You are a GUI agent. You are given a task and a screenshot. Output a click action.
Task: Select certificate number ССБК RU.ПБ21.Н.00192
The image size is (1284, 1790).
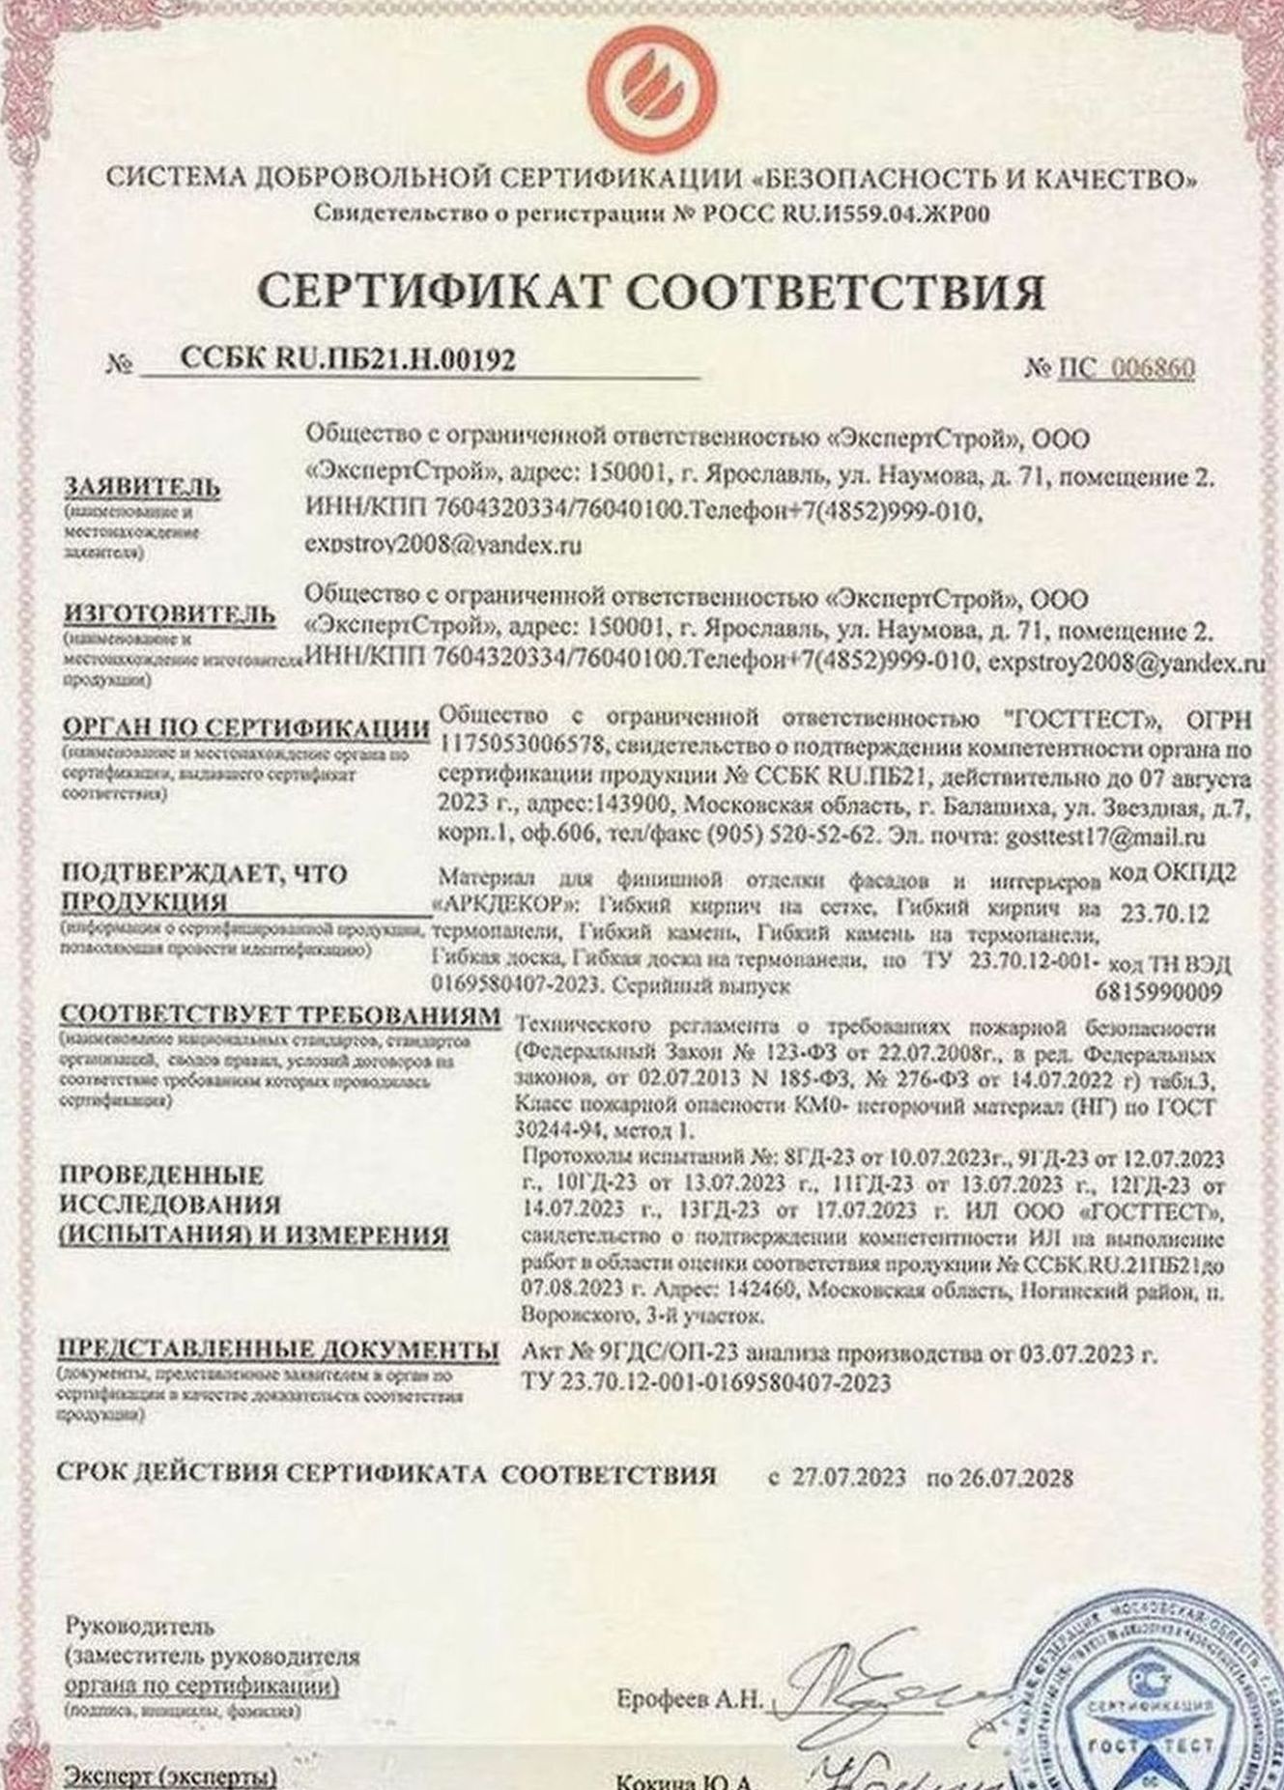[348, 360]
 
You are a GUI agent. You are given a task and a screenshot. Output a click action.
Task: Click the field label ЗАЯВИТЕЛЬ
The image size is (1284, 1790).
[142, 488]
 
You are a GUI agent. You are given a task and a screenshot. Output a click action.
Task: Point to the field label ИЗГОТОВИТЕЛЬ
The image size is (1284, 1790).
[169, 614]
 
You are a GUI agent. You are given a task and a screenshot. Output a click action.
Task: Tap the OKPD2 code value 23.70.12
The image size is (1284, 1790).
[1164, 912]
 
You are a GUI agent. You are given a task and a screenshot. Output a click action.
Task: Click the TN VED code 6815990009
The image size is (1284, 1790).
[1159, 992]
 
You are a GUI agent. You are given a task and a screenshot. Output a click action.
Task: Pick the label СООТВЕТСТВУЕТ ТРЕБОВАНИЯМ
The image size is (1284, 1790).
[280, 1016]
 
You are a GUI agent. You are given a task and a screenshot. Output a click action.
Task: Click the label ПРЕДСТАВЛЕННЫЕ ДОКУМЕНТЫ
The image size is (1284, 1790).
[279, 1350]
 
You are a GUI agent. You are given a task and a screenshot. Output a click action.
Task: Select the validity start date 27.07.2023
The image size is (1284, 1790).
[849, 1477]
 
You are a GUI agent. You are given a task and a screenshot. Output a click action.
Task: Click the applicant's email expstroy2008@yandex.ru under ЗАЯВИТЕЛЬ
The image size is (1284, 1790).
[443, 546]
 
